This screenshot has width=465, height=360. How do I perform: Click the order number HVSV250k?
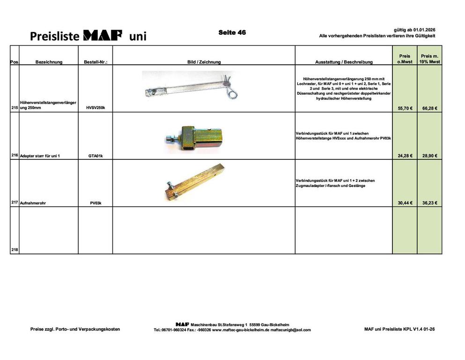95,108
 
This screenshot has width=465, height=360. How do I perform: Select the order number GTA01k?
95,156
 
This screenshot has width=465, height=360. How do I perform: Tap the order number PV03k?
95,203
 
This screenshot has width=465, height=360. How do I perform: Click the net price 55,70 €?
405,108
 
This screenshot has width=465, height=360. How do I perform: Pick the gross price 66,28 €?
429,108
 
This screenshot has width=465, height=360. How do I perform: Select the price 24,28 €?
405,156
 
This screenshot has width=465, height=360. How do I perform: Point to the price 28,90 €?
429,156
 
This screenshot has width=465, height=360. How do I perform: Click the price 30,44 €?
405,203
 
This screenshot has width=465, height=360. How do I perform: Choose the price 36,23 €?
429,203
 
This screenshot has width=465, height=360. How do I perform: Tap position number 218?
15,250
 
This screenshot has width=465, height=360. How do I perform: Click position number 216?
15,155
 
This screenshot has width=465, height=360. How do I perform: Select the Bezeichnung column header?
49,62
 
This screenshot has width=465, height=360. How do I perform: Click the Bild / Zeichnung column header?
204,62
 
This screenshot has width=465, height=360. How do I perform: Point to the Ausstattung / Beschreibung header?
344,62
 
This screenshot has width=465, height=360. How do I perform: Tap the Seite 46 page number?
232,32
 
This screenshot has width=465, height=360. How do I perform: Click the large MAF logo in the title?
103,36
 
